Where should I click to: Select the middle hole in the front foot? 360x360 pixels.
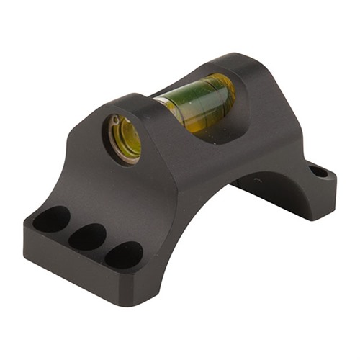87,236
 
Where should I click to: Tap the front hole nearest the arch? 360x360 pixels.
123,254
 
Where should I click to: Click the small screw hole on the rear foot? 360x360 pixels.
318,171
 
